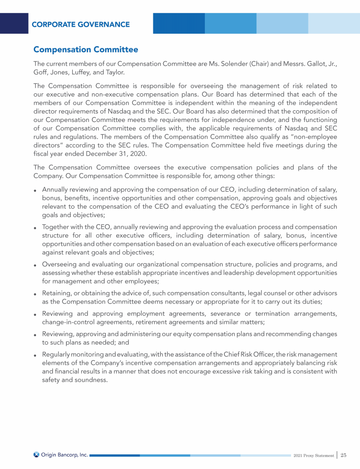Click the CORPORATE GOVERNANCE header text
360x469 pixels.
[81, 24]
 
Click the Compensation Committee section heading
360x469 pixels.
[86, 49]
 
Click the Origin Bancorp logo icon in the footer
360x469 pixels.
[37, 454]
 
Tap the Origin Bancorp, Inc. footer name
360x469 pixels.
[65, 454]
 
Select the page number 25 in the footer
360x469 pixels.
[344, 455]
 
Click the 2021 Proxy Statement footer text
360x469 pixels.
[313, 455]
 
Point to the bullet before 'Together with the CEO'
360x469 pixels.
[36, 228]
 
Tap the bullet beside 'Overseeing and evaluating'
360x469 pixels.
[36, 265]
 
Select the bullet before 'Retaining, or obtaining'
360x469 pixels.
[36, 294]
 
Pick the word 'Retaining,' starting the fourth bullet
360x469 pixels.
[57, 293]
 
